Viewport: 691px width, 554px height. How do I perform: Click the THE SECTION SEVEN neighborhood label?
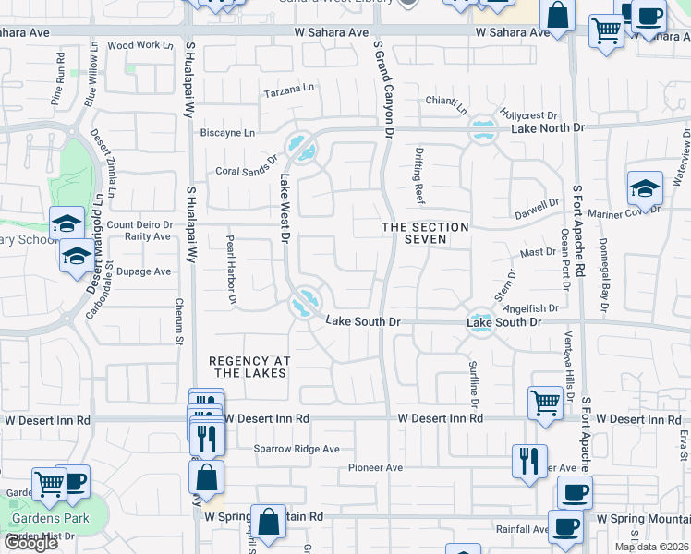(x=427, y=233)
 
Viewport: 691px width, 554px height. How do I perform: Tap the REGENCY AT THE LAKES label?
(x=250, y=367)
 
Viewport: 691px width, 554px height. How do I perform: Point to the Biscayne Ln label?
(x=228, y=133)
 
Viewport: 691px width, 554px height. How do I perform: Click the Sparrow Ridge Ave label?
(x=297, y=450)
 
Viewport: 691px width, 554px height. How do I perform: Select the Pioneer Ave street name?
(x=375, y=468)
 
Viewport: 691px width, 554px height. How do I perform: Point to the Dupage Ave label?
(x=143, y=271)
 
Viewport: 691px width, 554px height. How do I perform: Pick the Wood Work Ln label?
(x=140, y=44)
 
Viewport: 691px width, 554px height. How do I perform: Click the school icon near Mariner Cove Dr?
(x=645, y=189)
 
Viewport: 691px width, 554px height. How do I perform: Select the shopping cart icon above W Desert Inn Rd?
(x=545, y=402)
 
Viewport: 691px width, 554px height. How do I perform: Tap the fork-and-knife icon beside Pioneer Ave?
(x=529, y=461)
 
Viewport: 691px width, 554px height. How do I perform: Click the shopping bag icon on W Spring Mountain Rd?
(x=268, y=522)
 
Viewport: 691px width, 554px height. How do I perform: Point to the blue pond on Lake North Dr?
(x=482, y=129)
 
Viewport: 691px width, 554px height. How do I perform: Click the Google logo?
(x=30, y=542)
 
